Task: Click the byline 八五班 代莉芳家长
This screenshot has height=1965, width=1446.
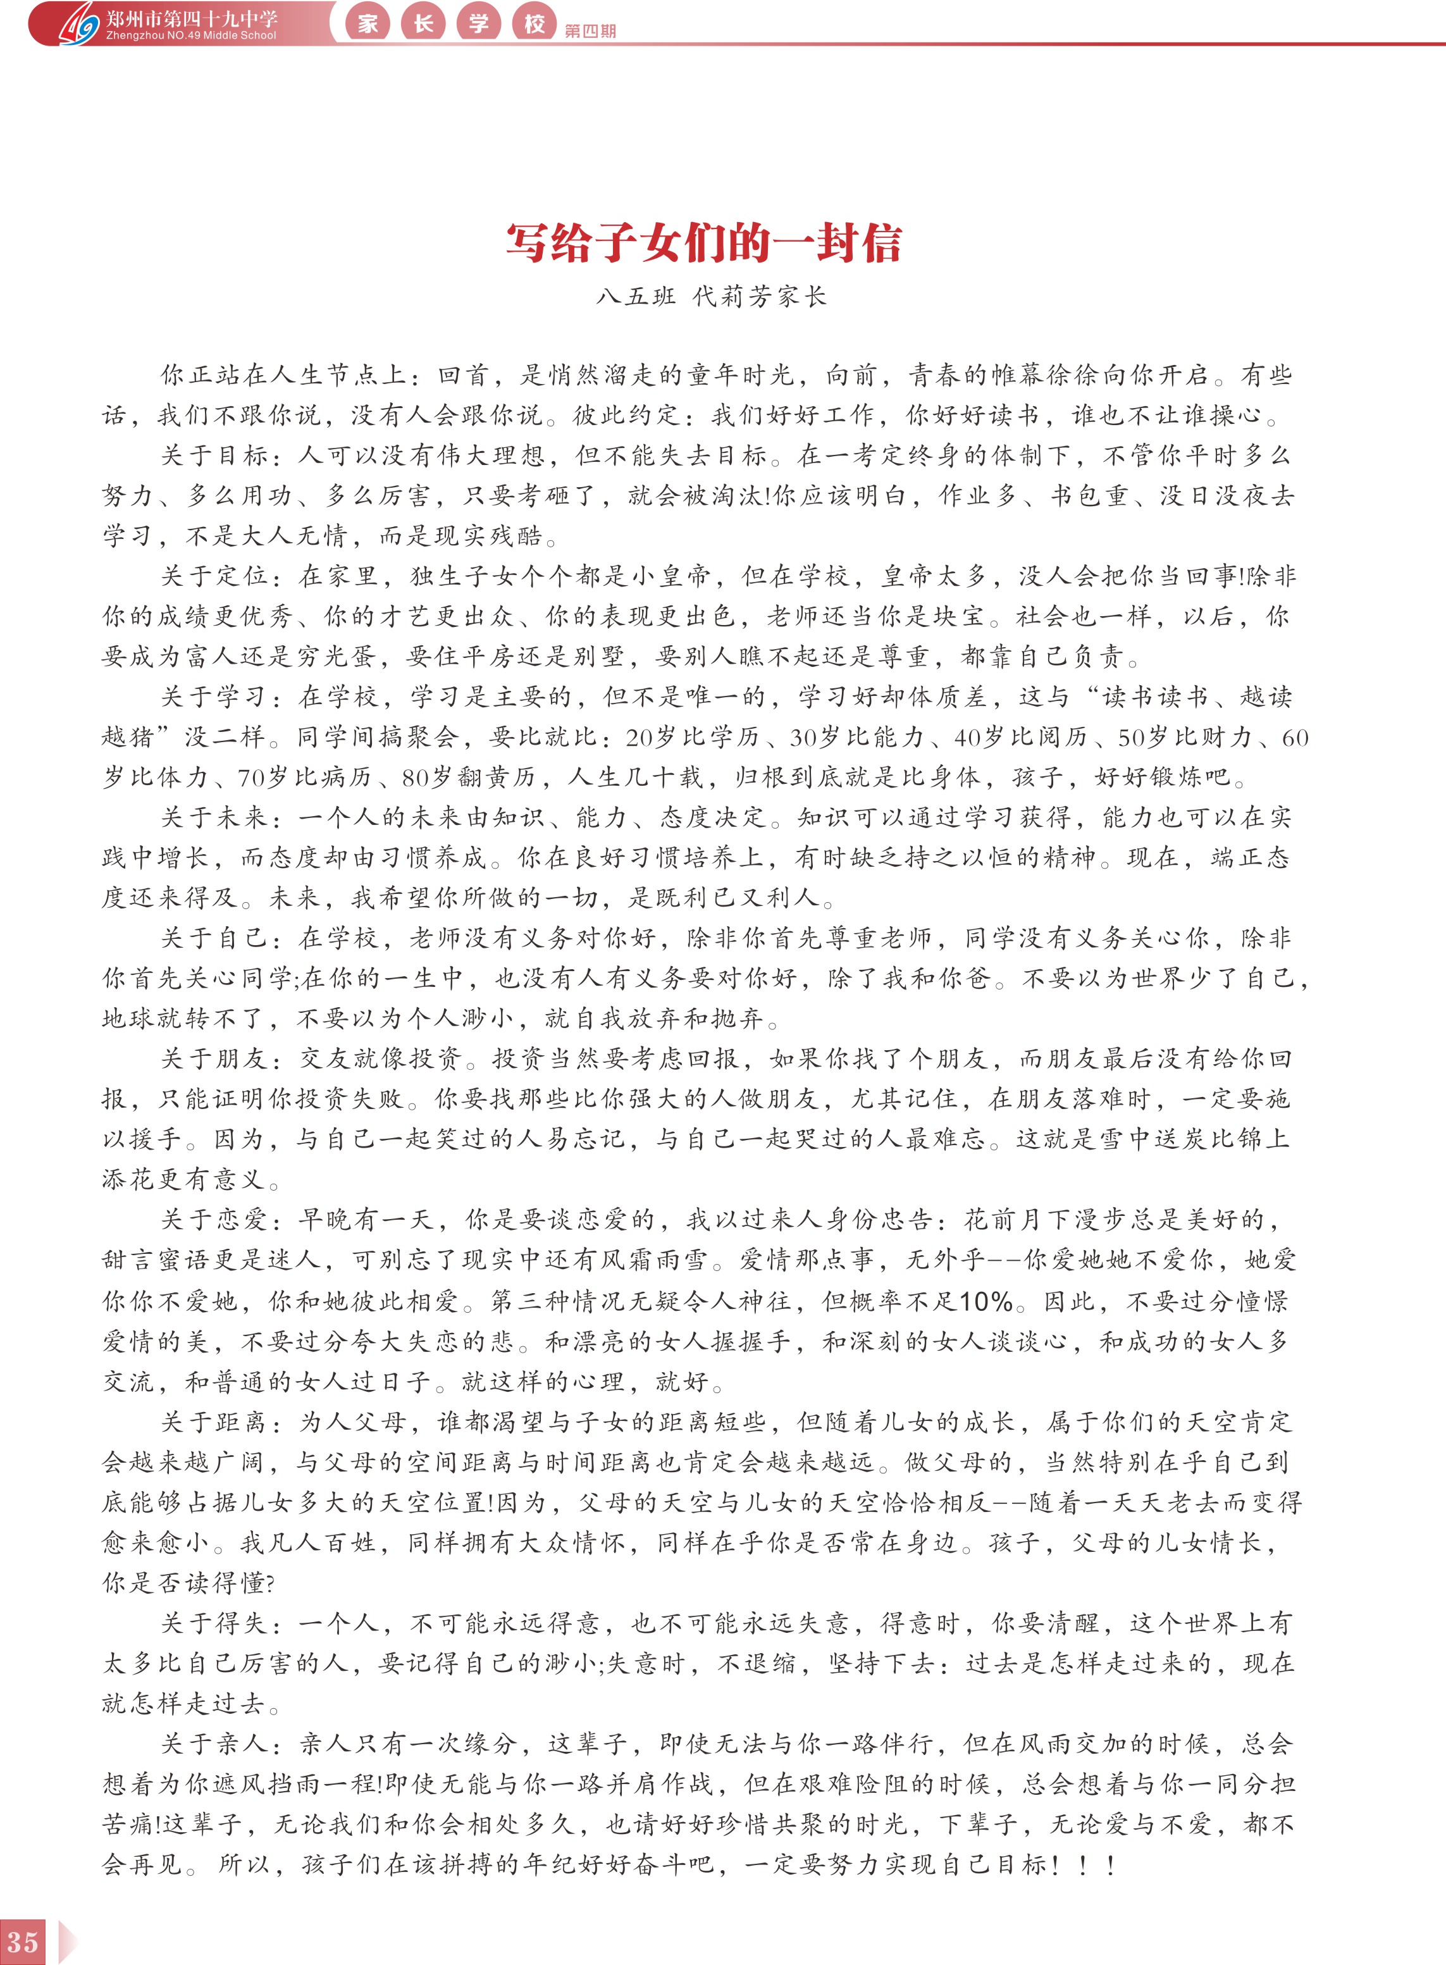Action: point(711,297)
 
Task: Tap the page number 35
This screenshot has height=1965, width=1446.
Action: point(22,1942)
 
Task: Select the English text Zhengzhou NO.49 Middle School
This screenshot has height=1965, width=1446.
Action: point(191,36)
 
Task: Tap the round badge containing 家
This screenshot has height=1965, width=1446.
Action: point(368,23)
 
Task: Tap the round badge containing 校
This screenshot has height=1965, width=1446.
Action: point(534,23)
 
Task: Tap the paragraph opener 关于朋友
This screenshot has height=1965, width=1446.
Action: point(214,1060)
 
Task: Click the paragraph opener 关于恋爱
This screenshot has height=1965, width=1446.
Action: point(214,1221)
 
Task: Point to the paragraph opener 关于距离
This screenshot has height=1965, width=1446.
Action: point(214,1422)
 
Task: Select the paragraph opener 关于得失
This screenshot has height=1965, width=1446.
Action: point(214,1623)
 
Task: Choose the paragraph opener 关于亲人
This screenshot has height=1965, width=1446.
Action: point(214,1744)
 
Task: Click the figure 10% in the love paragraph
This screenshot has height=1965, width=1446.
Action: point(985,1301)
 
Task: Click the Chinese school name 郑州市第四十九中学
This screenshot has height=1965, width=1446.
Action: point(191,18)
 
